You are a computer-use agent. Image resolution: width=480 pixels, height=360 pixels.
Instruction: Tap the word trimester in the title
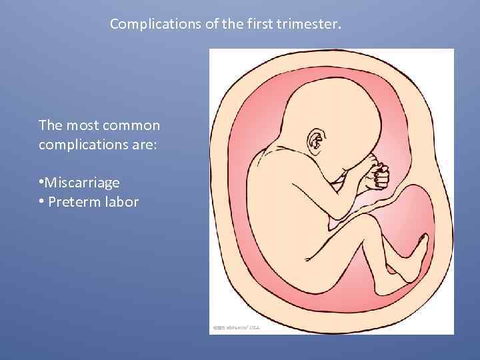[x=311, y=25]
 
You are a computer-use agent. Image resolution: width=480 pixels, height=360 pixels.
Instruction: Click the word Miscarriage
[x=82, y=182]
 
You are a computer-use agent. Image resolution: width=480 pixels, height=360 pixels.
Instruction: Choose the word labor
[x=121, y=202]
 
